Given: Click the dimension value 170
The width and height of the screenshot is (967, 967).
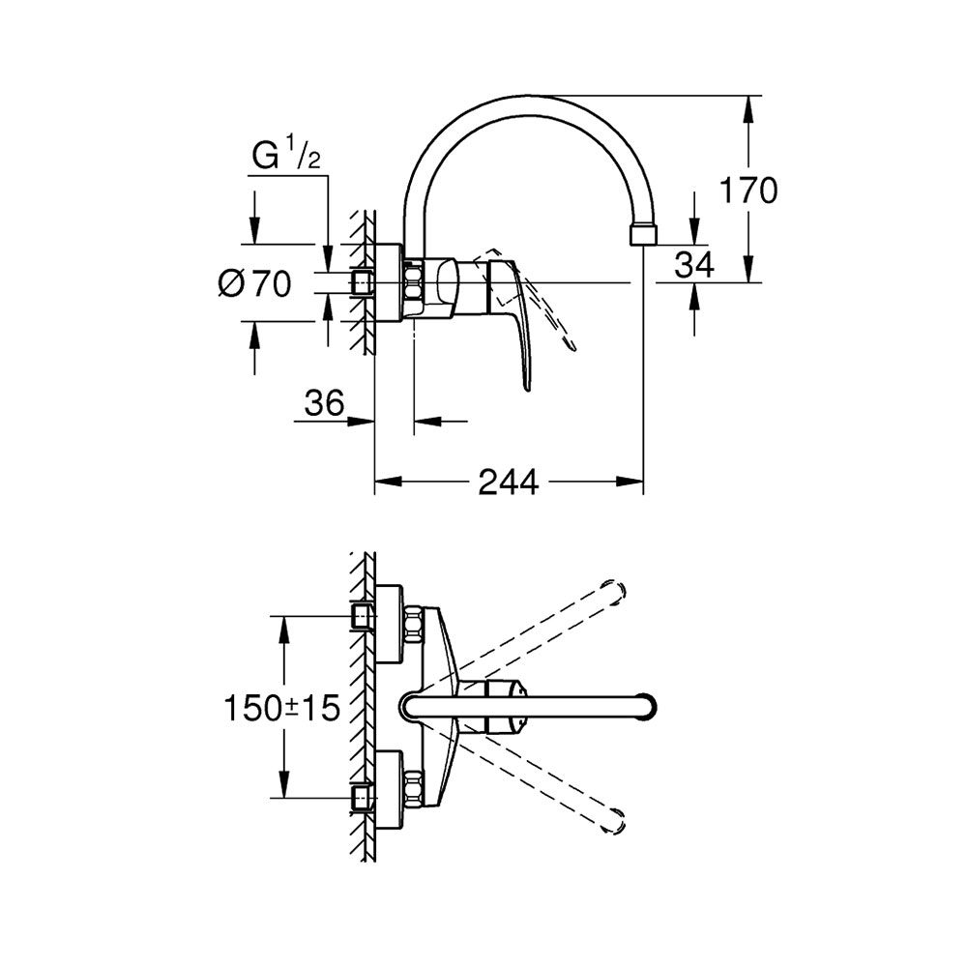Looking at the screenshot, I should pyautogui.click(x=747, y=190).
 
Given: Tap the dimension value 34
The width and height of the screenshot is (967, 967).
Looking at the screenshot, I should pyautogui.click(x=693, y=263).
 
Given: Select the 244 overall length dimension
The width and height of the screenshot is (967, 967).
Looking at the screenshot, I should pyautogui.click(x=509, y=482).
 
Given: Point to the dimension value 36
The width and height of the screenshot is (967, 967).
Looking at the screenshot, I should pyautogui.click(x=324, y=402).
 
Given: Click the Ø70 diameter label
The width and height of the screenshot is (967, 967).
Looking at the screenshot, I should pyautogui.click(x=254, y=283).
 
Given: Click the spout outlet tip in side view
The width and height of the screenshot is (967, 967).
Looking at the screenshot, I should pyautogui.click(x=642, y=235).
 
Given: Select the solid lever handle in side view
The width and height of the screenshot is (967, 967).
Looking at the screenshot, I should pyautogui.click(x=518, y=329).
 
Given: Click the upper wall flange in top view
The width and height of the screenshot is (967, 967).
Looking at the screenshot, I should pyautogui.click(x=390, y=623).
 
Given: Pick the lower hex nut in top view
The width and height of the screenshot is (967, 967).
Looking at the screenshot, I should pyautogui.click(x=414, y=789).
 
